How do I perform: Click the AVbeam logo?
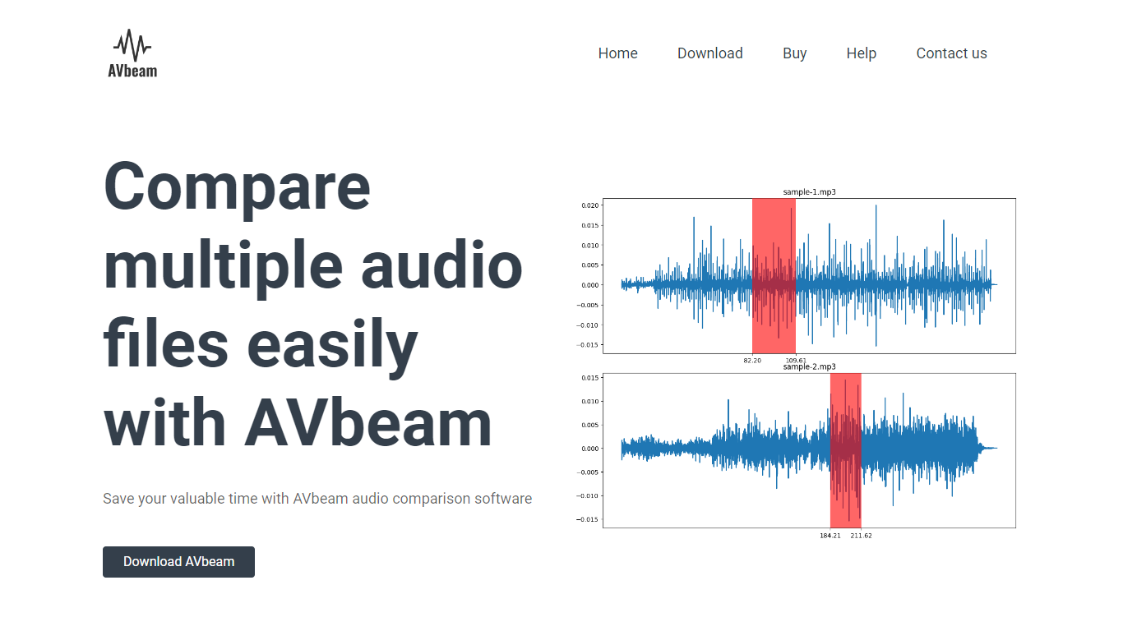point(132,53)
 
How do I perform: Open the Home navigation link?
point(617,53)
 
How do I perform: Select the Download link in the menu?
point(709,53)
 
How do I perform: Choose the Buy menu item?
point(794,53)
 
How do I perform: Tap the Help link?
point(861,53)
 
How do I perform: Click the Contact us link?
point(951,53)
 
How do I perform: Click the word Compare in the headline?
point(237,187)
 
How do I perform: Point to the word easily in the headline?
point(332,345)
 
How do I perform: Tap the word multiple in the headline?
point(224,265)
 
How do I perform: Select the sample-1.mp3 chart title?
point(809,192)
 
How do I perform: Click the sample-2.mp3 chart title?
point(809,367)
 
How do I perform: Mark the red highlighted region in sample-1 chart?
point(774,275)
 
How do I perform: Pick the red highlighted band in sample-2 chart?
point(845,450)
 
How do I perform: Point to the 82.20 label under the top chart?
point(752,361)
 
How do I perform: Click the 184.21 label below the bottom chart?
point(830,536)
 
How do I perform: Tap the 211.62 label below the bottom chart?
point(861,536)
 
